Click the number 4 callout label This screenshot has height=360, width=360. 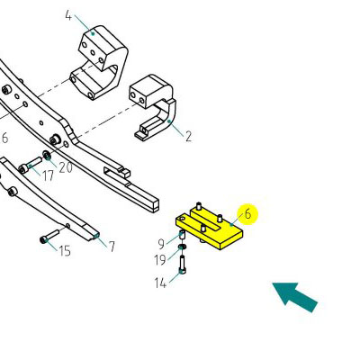pyautogui.click(x=68, y=15)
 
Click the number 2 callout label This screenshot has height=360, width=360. pyautogui.click(x=188, y=137)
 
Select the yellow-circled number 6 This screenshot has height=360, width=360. pyautogui.click(x=247, y=214)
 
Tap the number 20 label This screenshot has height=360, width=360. pyautogui.click(x=66, y=167)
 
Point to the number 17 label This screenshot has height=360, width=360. pyautogui.click(x=48, y=175)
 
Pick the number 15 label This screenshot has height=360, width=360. pyautogui.click(x=65, y=251)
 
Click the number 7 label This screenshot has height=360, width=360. pyautogui.click(x=112, y=247)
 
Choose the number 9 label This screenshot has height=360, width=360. pyautogui.click(x=161, y=244)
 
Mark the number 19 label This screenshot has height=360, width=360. pyautogui.click(x=160, y=260)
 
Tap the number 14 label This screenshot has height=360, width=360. pyautogui.click(x=160, y=283)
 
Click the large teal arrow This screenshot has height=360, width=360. pyautogui.click(x=294, y=297)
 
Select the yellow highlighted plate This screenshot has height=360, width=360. pyautogui.click(x=210, y=227)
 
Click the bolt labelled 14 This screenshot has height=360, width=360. pyautogui.click(x=182, y=265)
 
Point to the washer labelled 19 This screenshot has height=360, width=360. pyautogui.click(x=182, y=247)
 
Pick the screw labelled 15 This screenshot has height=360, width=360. pyautogui.click(x=49, y=236)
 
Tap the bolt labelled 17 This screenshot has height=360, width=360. pyautogui.click(x=31, y=165)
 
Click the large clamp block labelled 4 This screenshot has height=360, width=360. pyautogui.click(x=99, y=63)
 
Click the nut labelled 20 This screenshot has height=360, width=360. pyautogui.click(x=47, y=156)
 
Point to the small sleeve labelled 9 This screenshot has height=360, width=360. pyautogui.click(x=182, y=234)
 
